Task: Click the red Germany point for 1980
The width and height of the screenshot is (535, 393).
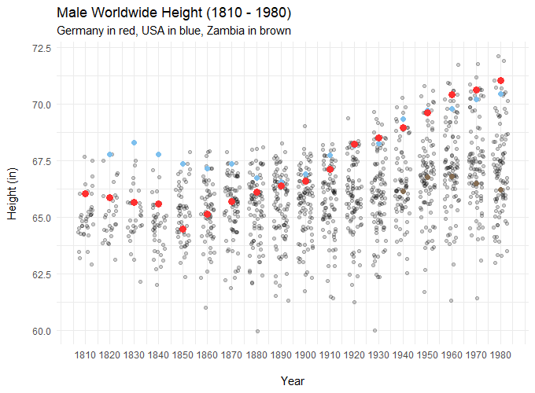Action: tap(500, 81)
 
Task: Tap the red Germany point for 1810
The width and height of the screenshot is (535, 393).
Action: tap(86, 193)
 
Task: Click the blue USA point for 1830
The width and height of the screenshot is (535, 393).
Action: tap(135, 142)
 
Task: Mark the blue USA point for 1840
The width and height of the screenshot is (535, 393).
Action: tap(159, 155)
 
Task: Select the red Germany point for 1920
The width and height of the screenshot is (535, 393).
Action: tap(354, 144)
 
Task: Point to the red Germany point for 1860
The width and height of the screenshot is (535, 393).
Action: tap(208, 215)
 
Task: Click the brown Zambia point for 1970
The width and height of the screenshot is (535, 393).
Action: tap(476, 184)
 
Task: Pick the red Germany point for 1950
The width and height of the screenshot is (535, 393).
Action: tap(427, 112)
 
